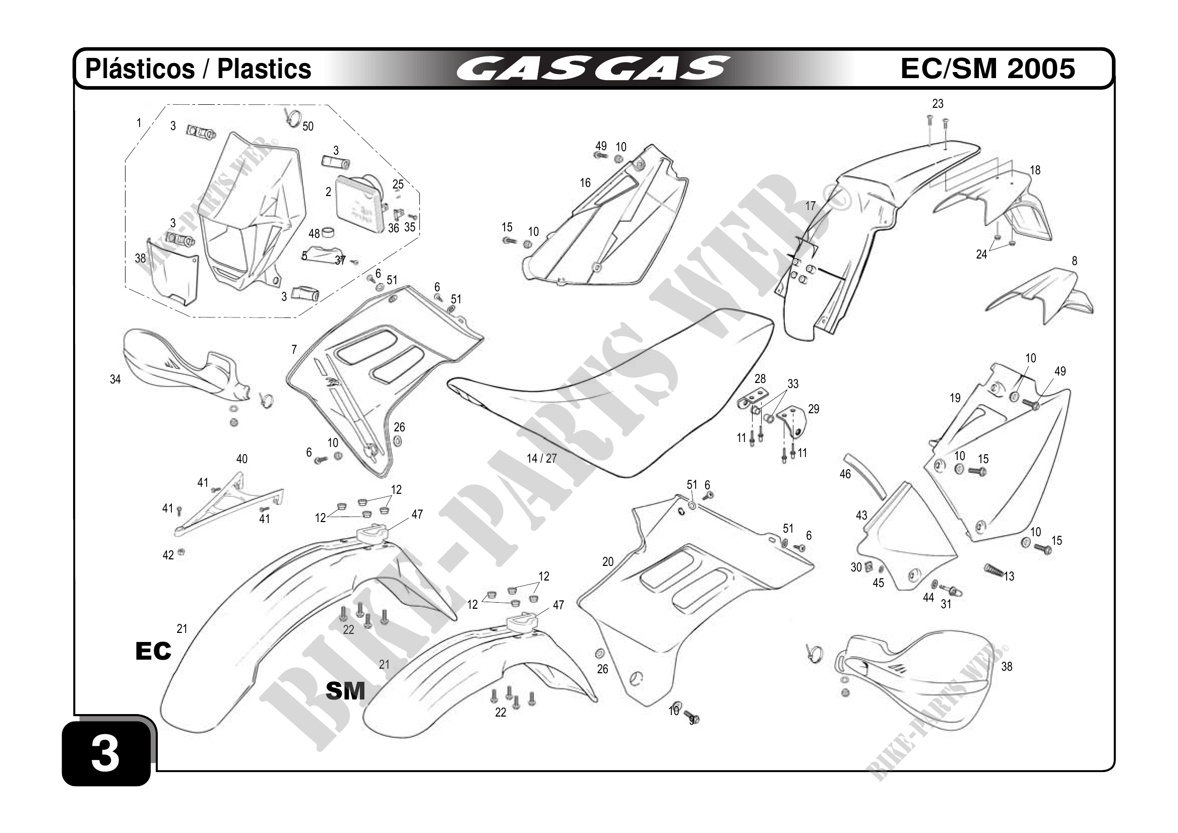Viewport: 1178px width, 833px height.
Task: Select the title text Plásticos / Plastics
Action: tap(198, 69)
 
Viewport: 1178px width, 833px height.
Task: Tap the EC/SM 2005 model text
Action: tap(987, 69)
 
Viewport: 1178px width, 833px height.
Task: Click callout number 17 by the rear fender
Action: tap(810, 206)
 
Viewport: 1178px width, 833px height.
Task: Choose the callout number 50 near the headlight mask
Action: tap(308, 126)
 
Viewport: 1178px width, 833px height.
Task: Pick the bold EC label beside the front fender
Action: tap(153, 651)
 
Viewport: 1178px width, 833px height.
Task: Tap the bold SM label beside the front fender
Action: tap(345, 691)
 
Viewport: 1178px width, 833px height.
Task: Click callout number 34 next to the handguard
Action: tap(115, 379)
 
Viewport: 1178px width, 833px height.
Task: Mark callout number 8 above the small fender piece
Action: tap(1074, 261)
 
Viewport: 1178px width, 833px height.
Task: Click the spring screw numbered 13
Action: tap(994, 569)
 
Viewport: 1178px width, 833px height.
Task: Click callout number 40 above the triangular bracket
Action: tap(241, 459)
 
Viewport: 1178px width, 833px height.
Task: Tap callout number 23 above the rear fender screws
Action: tap(938, 104)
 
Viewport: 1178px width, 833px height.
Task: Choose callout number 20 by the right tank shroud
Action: tap(608, 562)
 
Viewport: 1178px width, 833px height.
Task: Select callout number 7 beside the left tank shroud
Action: tap(294, 350)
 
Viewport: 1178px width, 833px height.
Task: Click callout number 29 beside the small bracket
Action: tap(814, 409)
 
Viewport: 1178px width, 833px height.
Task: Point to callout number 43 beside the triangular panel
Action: tap(861, 515)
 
